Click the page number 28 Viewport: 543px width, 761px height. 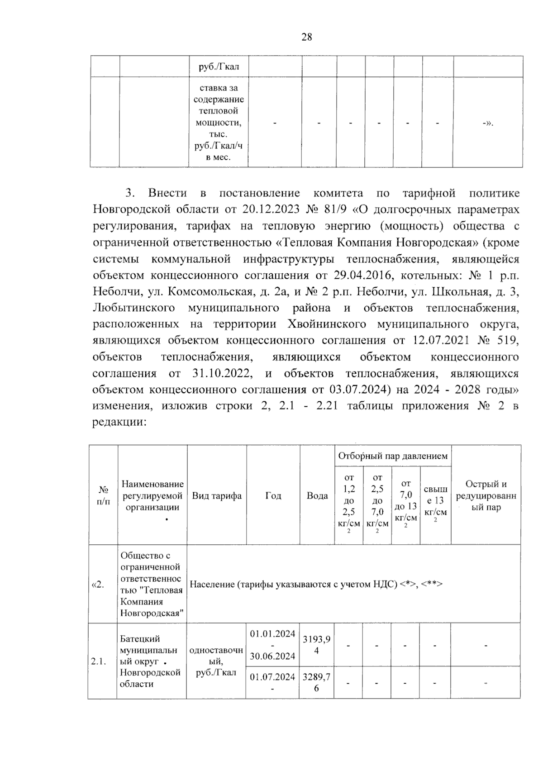coord(306,37)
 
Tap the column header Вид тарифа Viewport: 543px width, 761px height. coord(217,495)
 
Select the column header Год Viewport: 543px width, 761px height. coord(273,495)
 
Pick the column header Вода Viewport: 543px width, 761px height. coord(317,495)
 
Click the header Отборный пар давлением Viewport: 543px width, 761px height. coord(393,456)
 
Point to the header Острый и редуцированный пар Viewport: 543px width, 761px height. coord(486,495)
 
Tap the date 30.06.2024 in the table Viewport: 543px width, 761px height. coord(272,656)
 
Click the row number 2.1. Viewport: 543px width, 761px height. coord(98,661)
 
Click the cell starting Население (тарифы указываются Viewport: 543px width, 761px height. coord(316,584)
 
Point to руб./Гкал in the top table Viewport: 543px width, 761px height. coord(219,67)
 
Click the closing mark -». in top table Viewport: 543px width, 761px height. coord(487,123)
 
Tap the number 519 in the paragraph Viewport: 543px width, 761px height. coord(509,340)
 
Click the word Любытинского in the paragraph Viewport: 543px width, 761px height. coord(134,308)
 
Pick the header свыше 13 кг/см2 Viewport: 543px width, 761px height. coord(435,500)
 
